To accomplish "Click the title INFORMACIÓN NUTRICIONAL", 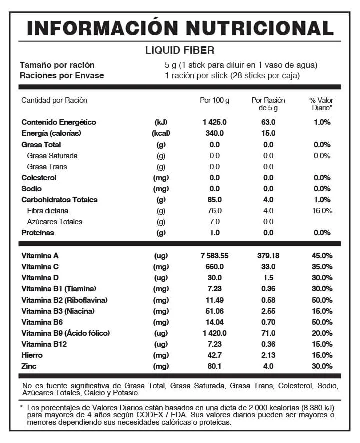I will tap(180, 28).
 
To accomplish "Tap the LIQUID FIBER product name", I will tap(180, 50).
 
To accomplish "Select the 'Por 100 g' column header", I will tap(214, 100).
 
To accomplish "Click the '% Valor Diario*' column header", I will tap(321, 104).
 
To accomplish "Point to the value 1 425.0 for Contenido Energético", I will tap(215, 122).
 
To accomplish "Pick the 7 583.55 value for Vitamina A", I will tap(214, 256).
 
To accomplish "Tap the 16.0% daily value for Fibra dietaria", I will tap(322, 211).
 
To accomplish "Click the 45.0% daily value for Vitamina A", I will tap(322, 256).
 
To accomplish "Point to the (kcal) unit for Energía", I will tap(161, 133).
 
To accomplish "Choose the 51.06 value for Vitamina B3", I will tap(215, 311).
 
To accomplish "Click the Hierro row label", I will tap(32, 355).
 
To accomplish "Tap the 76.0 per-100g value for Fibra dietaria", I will tap(215, 211).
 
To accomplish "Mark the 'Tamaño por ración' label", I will tap(57, 65).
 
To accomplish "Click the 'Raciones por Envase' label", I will tap(62, 76).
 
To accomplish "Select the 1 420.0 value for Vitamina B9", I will tap(215, 333).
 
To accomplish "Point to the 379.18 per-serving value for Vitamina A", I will tap(268, 256).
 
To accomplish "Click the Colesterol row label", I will tap(39, 178).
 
